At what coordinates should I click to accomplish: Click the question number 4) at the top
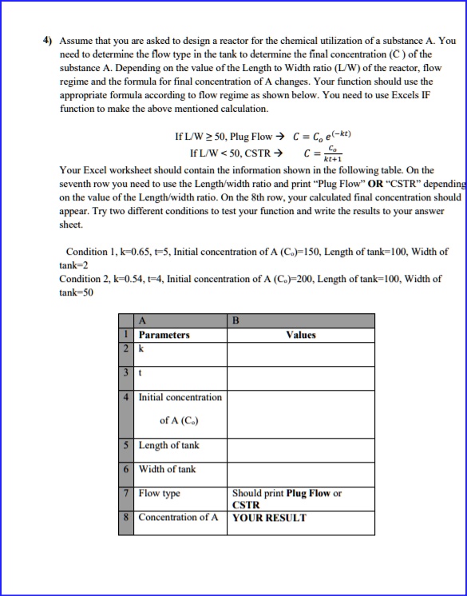pos(48,39)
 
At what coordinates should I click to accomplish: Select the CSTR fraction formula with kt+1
pos(323,152)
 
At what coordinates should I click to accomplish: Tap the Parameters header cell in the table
pos(164,336)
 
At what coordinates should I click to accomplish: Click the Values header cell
pos(300,336)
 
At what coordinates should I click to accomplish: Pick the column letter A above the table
pos(141,322)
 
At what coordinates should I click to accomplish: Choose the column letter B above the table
pos(235,322)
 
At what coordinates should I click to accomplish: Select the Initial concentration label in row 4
pos(180,397)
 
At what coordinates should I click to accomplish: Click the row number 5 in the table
pos(128,445)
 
